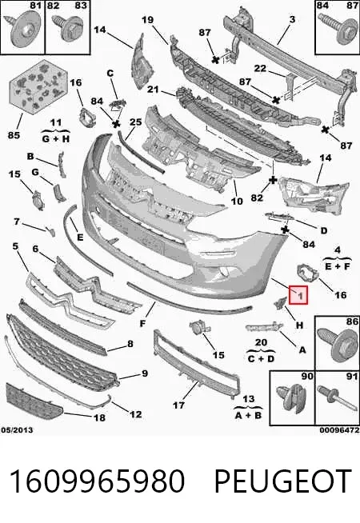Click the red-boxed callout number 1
(298, 295)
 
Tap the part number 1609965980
(97, 481)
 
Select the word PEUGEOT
(282, 481)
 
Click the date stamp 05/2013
(17, 430)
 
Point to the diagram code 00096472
(339, 430)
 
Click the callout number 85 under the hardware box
(14, 135)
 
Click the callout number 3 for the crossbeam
(292, 19)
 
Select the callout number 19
(147, 20)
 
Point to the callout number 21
(153, 90)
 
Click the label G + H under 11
(56, 139)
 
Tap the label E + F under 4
(338, 266)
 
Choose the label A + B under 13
(248, 416)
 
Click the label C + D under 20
(261, 359)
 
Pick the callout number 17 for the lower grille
(179, 405)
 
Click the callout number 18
(99, 417)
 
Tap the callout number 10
(237, 202)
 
